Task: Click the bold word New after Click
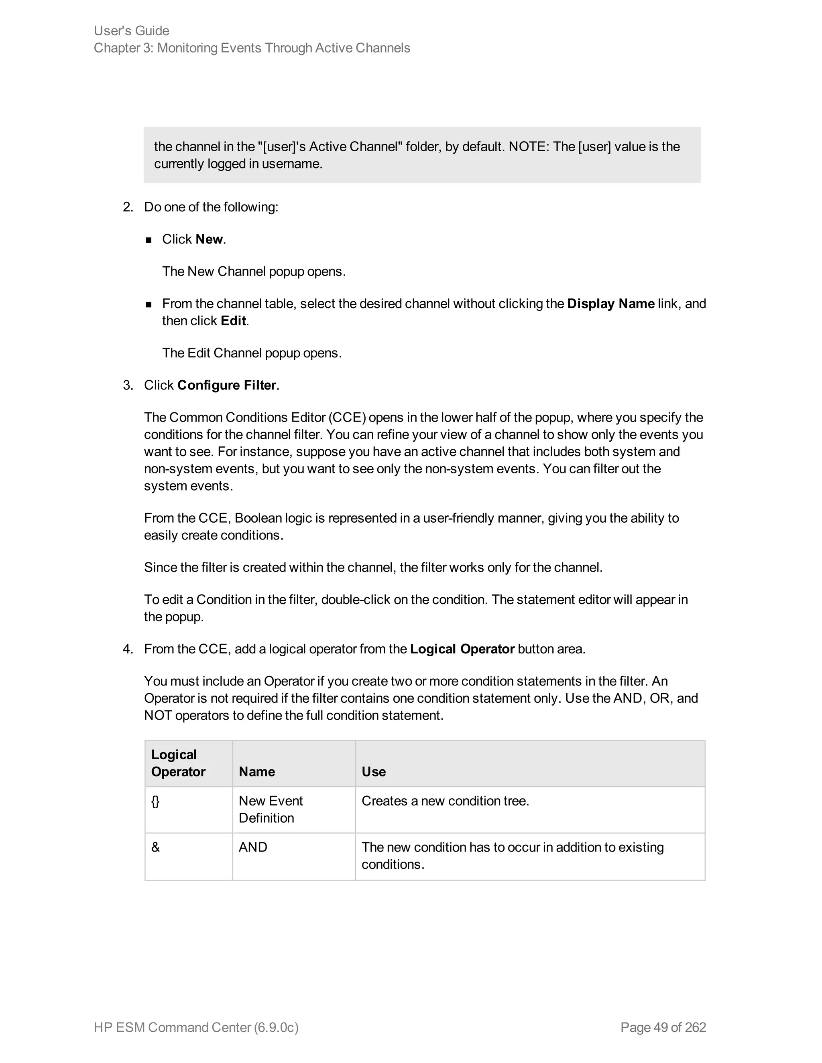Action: tap(209, 239)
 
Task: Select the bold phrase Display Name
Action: tap(610, 304)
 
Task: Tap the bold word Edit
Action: tap(233, 321)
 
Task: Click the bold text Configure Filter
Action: tap(226, 385)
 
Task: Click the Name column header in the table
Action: tap(256, 771)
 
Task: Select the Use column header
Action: tap(374, 771)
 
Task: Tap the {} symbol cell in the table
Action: tap(155, 801)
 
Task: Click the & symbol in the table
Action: tap(155, 847)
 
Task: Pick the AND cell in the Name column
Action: tap(253, 847)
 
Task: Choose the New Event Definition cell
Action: tap(271, 809)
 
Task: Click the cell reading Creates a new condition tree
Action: tap(445, 801)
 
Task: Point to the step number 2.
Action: tap(128, 207)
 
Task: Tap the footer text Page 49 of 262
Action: tap(663, 1027)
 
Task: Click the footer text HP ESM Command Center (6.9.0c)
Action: tap(196, 1027)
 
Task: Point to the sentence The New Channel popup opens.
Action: tap(254, 271)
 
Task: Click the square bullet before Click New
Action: tap(149, 239)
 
